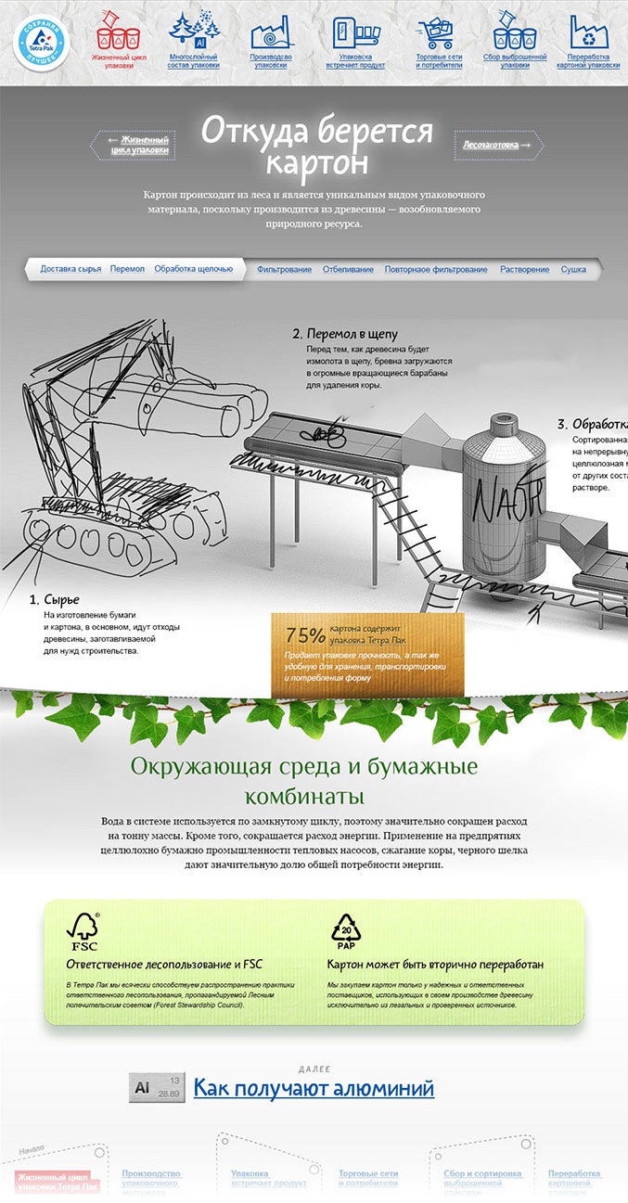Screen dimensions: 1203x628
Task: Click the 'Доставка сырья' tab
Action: [70, 269]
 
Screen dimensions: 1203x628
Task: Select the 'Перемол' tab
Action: [127, 269]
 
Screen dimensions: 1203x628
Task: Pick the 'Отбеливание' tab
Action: [348, 269]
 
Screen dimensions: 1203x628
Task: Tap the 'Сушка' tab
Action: [573, 269]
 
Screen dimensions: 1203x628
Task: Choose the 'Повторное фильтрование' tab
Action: [436, 269]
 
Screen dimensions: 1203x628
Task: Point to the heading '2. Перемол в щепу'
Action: [345, 333]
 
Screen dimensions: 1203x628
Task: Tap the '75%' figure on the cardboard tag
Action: [305, 635]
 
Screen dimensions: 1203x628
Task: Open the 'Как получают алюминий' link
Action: [313, 1087]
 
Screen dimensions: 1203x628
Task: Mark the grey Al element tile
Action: [157, 1087]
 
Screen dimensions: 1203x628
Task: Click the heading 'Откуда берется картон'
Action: [316, 146]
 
